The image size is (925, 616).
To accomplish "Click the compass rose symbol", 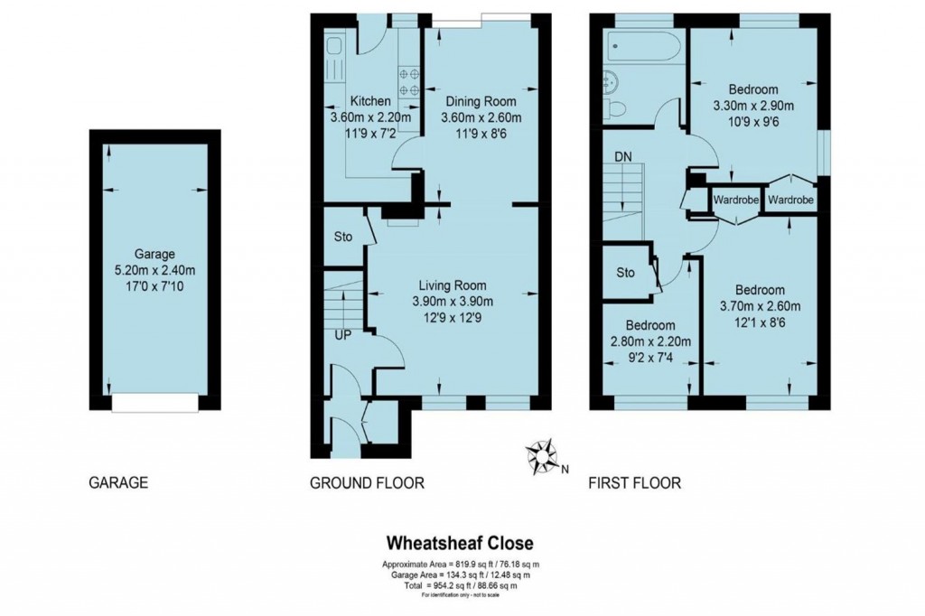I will coord(542,457).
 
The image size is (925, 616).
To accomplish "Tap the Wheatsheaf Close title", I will coord(460,543).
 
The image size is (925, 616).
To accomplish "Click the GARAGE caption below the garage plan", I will coord(117,483).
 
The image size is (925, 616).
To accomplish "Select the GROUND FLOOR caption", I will coord(367,483).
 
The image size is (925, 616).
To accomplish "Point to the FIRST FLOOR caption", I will coord(634,483).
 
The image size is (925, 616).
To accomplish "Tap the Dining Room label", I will coord(481,101).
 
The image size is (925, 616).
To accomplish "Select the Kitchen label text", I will coord(370,101).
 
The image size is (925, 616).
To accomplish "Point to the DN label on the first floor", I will coord(623,157).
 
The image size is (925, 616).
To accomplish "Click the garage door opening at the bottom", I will coord(154,403).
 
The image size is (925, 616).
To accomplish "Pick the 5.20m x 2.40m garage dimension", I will coord(154,269).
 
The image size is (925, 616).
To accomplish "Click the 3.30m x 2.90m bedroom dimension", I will coord(753,105).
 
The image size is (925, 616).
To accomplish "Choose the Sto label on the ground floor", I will coord(341,238).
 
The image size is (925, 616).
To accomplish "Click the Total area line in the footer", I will coord(460,585).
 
